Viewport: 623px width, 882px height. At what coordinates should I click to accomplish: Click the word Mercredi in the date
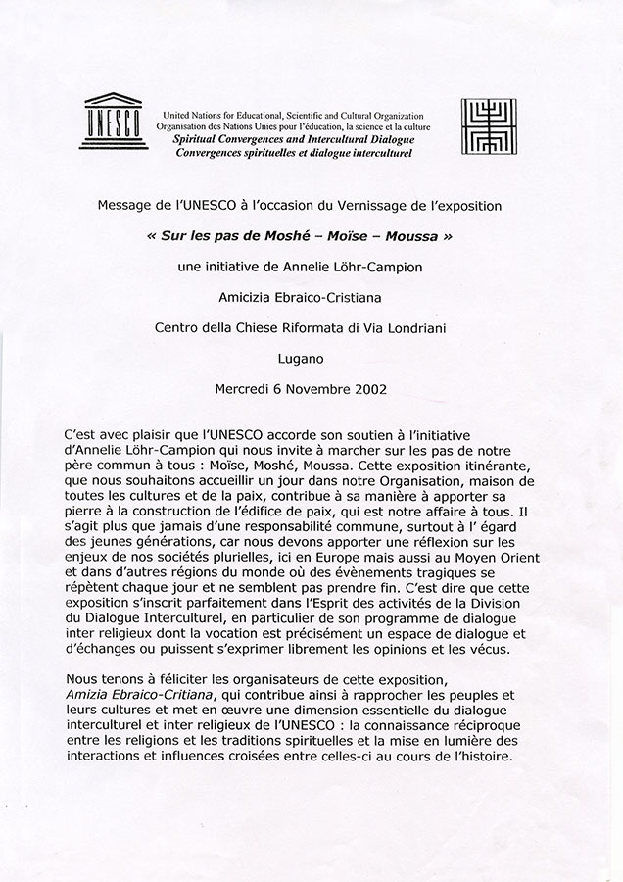coord(247,389)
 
